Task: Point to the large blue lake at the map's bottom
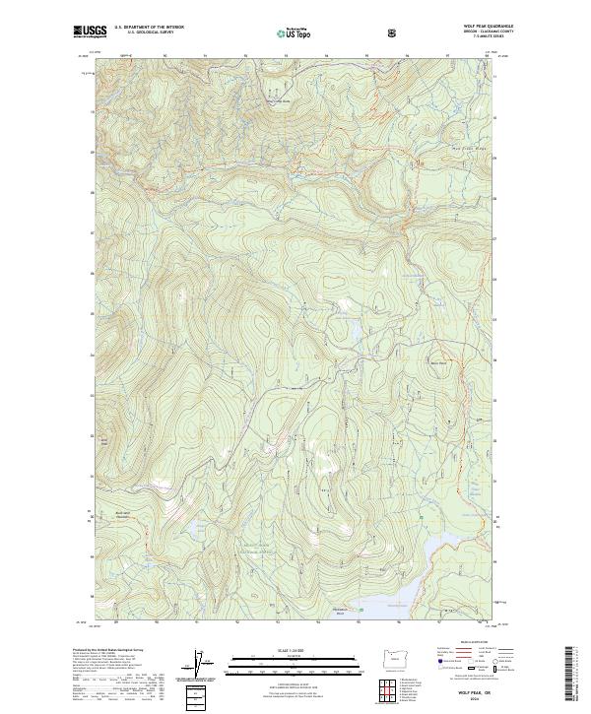[394, 591]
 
